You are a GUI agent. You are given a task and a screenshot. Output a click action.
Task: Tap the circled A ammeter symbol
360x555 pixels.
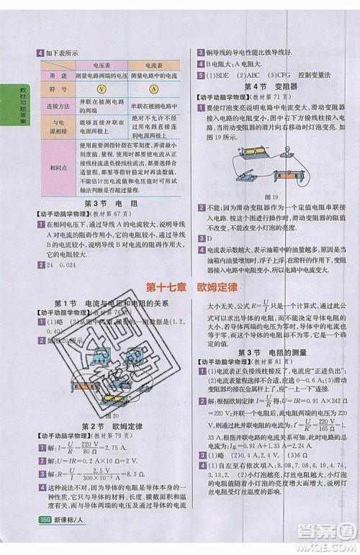155,90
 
